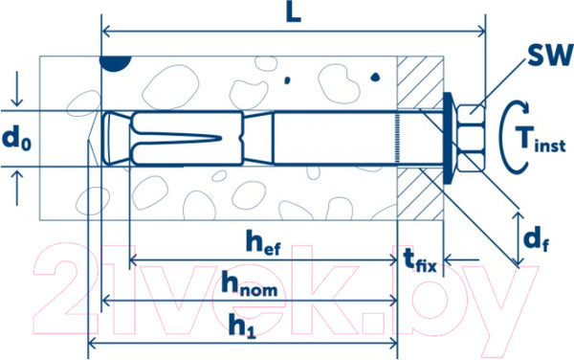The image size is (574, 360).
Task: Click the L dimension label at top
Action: coord(294,14)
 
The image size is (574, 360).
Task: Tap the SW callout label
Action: coord(550,56)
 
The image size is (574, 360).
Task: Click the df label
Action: coord(537,239)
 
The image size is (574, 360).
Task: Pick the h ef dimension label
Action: coord(263,242)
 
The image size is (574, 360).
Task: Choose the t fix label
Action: coord(420,260)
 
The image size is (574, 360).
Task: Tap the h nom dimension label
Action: coord(249,284)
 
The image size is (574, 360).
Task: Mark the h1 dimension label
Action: coord(242,325)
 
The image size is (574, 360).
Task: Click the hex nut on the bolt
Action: coord(471,138)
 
